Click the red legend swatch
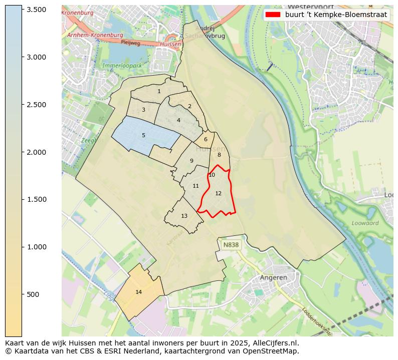[x=273, y=15]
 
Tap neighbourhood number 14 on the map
[x=139, y=292]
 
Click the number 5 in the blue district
[x=143, y=135]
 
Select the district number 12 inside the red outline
[x=218, y=193]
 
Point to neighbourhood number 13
[x=184, y=216]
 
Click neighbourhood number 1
[x=159, y=91]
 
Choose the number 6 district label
[x=206, y=139]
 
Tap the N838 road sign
[x=231, y=245]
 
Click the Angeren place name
[x=273, y=277]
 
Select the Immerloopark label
[x=123, y=66]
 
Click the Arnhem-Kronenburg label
[x=95, y=35]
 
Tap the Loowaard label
[x=365, y=223]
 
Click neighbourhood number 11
[x=195, y=186]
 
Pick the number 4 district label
[x=178, y=120]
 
